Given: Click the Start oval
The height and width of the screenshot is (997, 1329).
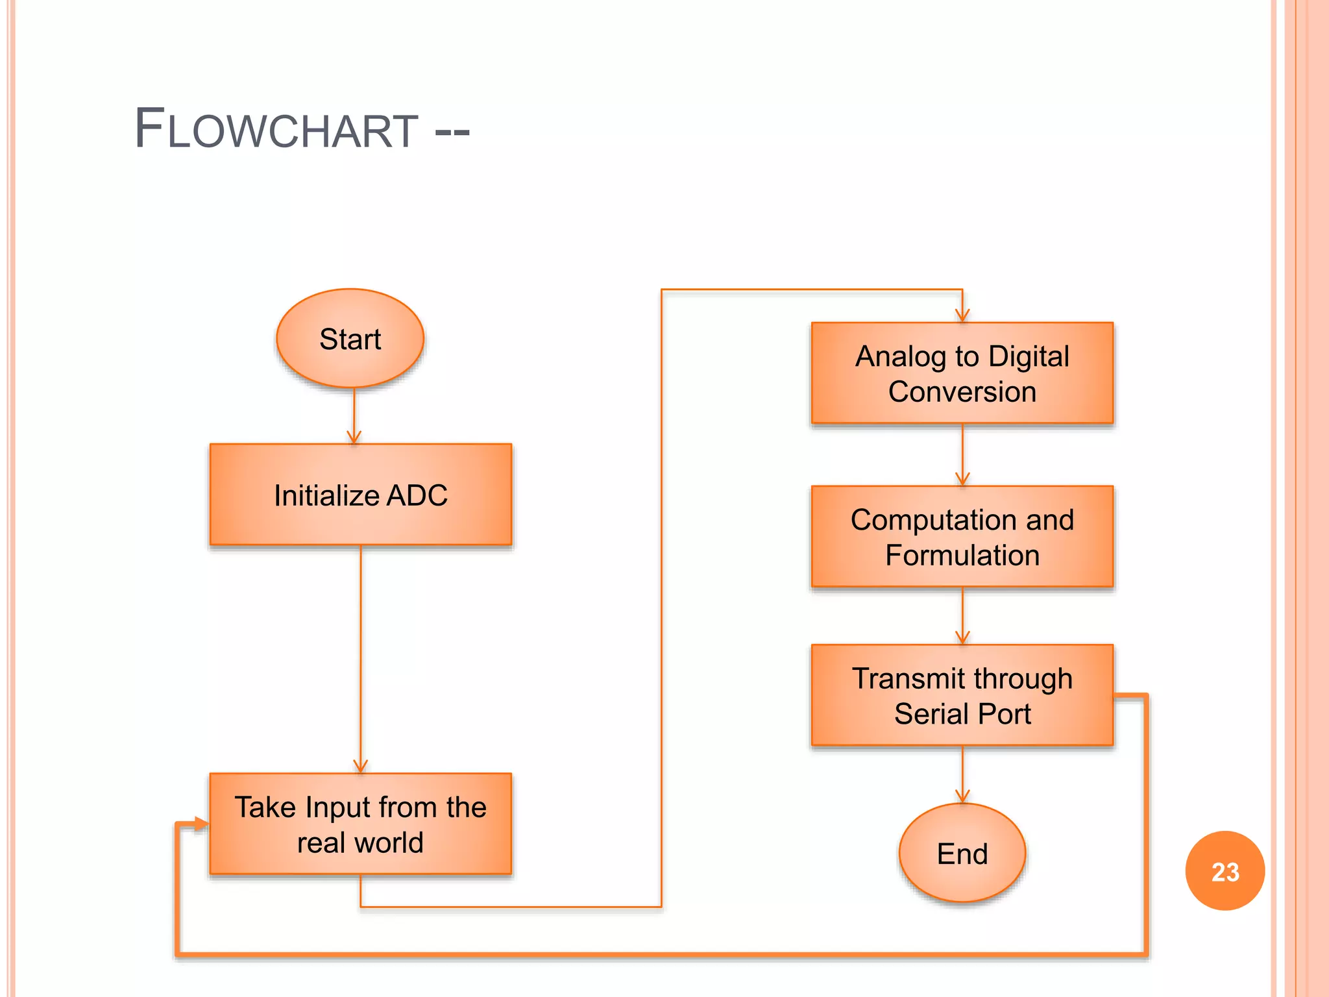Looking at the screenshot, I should point(350,338).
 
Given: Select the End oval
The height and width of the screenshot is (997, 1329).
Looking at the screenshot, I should point(962,853).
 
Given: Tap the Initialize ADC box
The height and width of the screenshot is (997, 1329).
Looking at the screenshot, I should point(361,495).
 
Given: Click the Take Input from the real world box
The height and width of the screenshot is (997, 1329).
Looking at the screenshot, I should point(361,824).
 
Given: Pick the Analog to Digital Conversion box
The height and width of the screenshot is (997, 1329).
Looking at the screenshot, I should point(962,374).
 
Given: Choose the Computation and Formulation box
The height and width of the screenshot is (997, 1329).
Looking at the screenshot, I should point(962,537).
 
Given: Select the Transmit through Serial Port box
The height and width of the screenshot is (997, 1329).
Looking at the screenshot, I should point(962,695).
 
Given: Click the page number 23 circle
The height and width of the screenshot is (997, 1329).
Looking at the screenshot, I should point(1225,871).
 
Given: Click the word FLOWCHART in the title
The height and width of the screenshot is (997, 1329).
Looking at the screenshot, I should point(276,129).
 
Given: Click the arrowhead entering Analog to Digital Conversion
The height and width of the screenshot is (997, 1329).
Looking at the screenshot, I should point(962,315).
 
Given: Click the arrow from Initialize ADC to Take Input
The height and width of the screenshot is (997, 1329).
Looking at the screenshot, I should point(361,656).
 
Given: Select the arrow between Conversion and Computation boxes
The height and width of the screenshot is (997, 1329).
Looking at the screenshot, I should point(962,454).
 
